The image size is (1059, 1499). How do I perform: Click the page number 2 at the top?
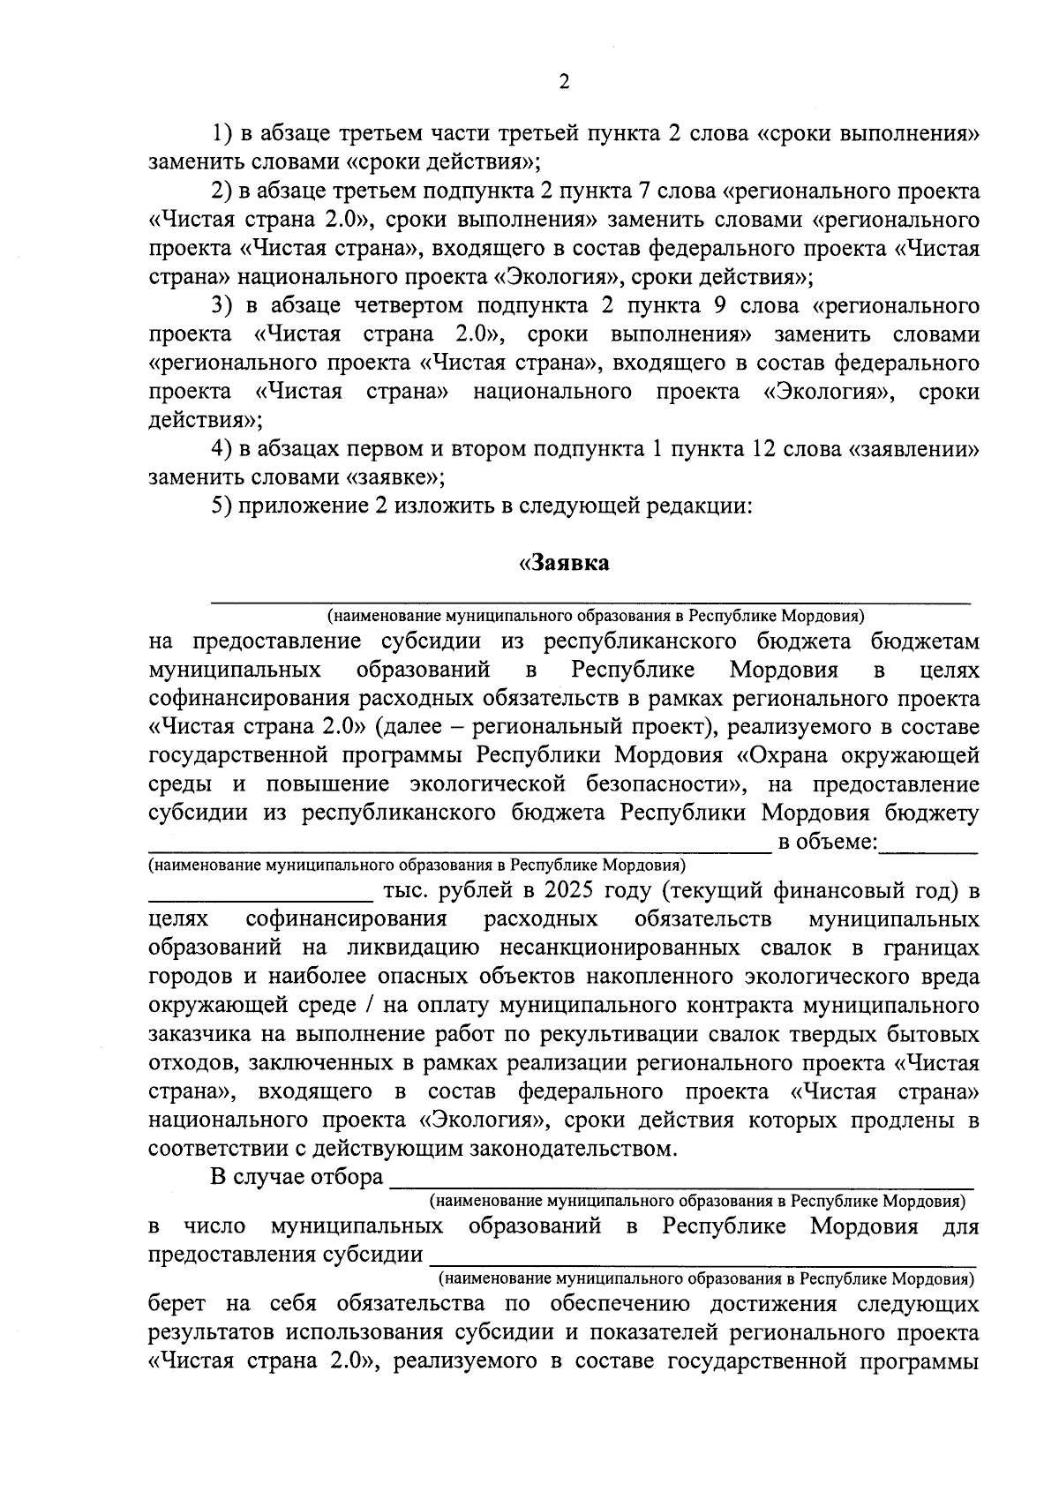click(564, 82)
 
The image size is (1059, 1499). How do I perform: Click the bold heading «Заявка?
click(564, 563)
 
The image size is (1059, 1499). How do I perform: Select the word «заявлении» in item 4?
click(913, 449)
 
